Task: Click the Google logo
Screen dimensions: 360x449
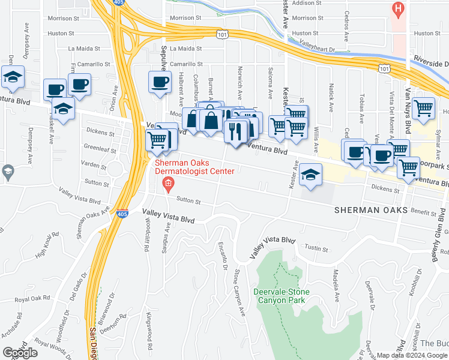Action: (20, 353)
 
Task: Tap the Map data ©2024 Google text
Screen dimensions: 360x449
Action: (412, 355)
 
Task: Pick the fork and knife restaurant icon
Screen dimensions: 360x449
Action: (236, 130)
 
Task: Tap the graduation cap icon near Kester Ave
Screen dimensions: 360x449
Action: (310, 175)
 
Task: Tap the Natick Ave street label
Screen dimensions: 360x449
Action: (331, 98)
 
